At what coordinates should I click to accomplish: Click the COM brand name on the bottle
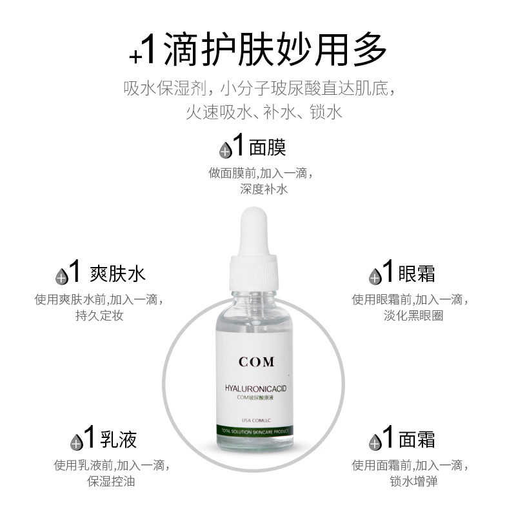[x=257, y=362]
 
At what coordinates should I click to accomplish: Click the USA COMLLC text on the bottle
[x=255, y=420]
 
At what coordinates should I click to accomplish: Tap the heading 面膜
[x=267, y=148]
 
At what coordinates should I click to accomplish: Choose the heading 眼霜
[x=417, y=273]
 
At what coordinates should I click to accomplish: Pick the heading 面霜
[x=417, y=439]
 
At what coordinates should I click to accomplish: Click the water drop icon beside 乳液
[x=76, y=442]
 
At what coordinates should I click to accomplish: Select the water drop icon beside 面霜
[x=374, y=442]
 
